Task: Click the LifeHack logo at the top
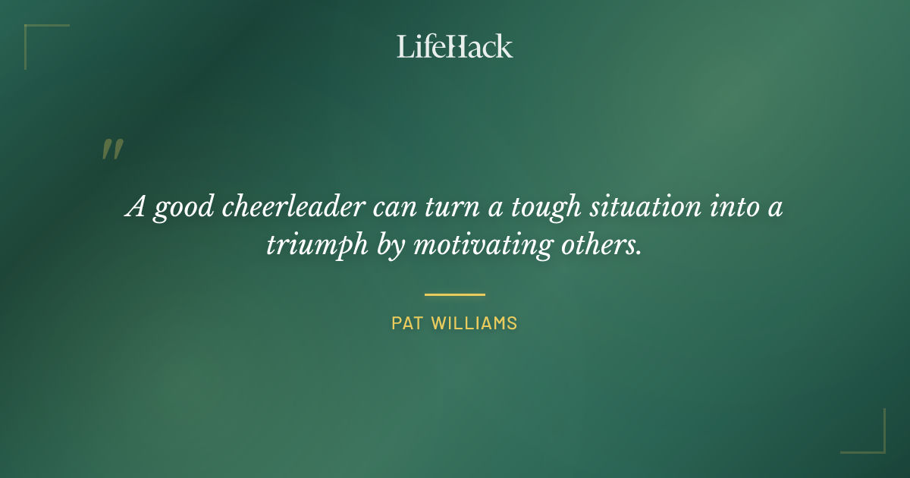pyautogui.click(x=455, y=46)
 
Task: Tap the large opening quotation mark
pyautogui.click(x=111, y=149)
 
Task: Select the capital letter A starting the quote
pyautogui.click(x=135, y=206)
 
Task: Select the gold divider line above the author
pyautogui.click(x=455, y=294)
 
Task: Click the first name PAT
pyautogui.click(x=407, y=323)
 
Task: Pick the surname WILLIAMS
pyautogui.click(x=475, y=323)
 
